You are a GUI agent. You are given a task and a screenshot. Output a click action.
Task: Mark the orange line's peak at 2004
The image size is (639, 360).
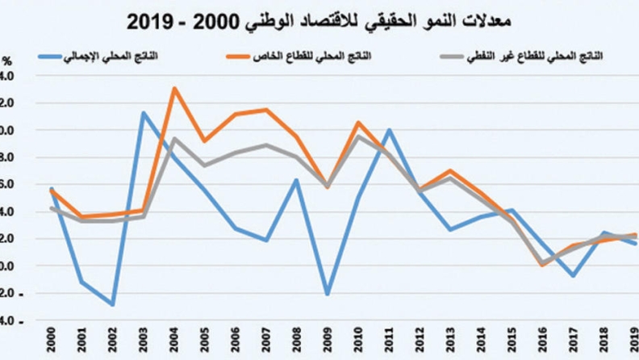[x=174, y=88]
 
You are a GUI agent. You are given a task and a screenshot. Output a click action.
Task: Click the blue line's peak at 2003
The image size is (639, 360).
[x=144, y=113]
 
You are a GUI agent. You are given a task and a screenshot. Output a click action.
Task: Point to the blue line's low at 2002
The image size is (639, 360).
[x=113, y=305]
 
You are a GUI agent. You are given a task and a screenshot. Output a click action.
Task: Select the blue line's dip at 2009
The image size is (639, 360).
[x=327, y=294]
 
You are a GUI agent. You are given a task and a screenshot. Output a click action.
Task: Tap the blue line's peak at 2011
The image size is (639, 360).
[x=388, y=129]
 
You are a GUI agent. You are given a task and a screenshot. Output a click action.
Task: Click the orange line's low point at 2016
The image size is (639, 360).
[x=541, y=265]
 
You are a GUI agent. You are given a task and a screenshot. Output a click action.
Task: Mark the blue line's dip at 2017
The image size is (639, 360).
[x=572, y=276]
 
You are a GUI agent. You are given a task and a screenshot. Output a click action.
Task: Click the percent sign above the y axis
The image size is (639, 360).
[x=7, y=61]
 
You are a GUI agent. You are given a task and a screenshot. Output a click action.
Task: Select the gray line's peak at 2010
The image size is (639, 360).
[x=357, y=136]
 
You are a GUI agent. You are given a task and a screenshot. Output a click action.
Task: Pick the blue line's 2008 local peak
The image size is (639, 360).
[x=297, y=180]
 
